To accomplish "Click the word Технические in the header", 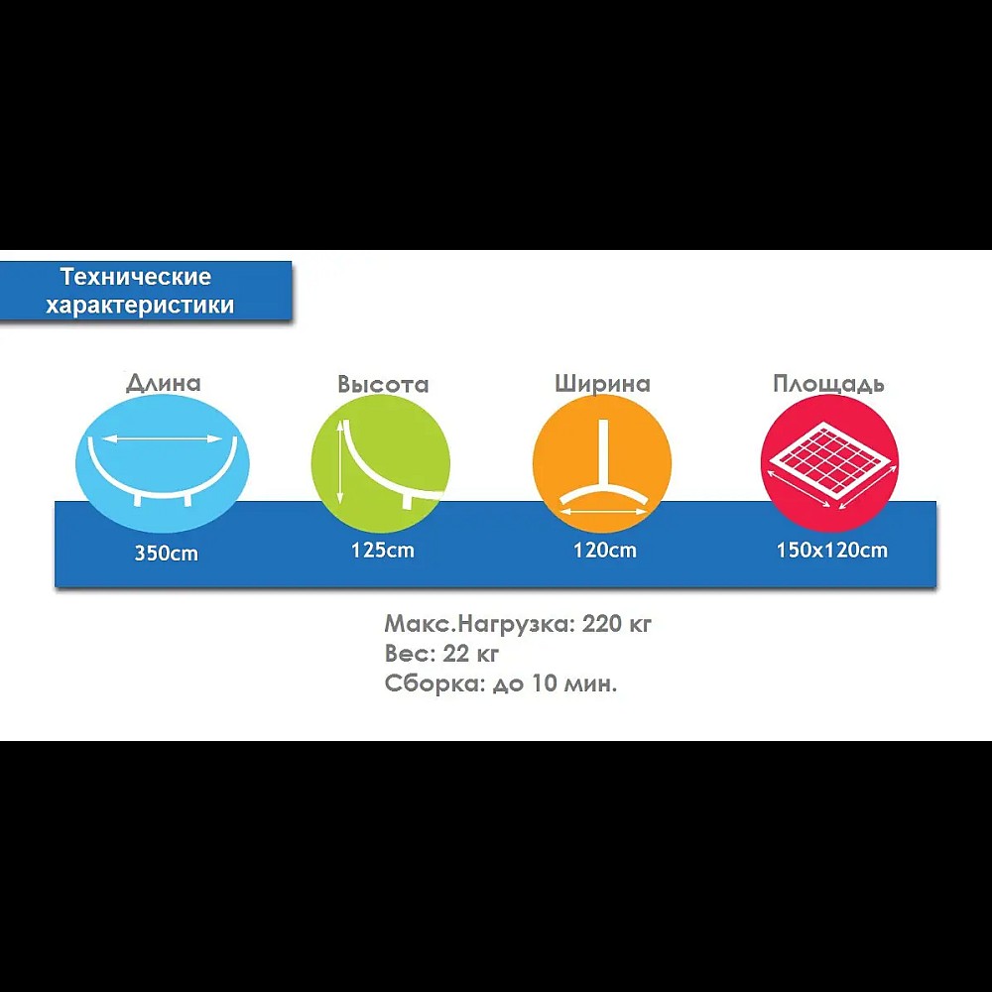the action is coord(136,277).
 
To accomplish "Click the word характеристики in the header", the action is coord(140,305).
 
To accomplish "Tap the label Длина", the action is coord(164,383).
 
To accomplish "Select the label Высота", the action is coord(383,384).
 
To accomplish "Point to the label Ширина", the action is coord(602,383).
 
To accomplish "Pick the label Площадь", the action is coord(828,383).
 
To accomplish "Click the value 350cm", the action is coord(167,554).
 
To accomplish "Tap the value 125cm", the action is coord(383,550).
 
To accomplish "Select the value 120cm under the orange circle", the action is coord(605,550).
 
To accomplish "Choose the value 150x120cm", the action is coord(832,550).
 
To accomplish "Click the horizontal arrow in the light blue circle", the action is coord(162,438).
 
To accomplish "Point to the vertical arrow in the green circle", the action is coord(341,462).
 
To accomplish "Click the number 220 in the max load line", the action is coord(602,624).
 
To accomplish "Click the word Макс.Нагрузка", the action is coord(479,624).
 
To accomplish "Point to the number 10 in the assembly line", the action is coord(544,683).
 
